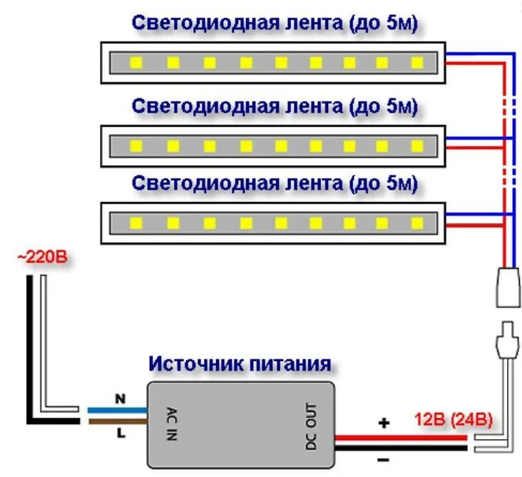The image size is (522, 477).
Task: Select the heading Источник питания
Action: point(240,364)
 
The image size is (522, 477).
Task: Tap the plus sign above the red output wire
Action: point(384,424)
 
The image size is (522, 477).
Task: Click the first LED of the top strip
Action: point(135,63)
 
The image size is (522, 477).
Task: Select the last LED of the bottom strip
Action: point(416,224)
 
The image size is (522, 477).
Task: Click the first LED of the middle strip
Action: point(135,145)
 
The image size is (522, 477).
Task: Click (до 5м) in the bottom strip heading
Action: point(382,183)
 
